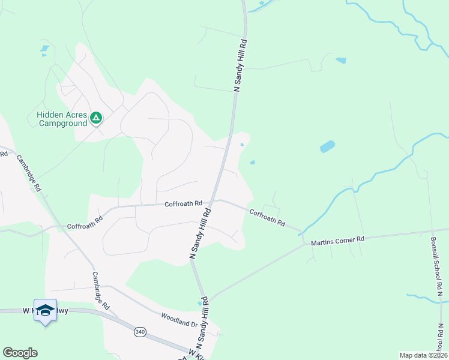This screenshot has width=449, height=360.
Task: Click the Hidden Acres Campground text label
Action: pos(62,119)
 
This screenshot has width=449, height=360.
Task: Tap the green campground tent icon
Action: pos(96,118)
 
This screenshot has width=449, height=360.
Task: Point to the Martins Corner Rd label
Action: pos(337,240)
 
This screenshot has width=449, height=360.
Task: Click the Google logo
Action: pos(20,353)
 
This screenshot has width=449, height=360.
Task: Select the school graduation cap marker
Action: pos(45,310)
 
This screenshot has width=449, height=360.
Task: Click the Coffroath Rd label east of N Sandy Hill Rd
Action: pos(267,217)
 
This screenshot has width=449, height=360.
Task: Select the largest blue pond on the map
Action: pos(327,146)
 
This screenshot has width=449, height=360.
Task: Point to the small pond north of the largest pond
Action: pos(341,61)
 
